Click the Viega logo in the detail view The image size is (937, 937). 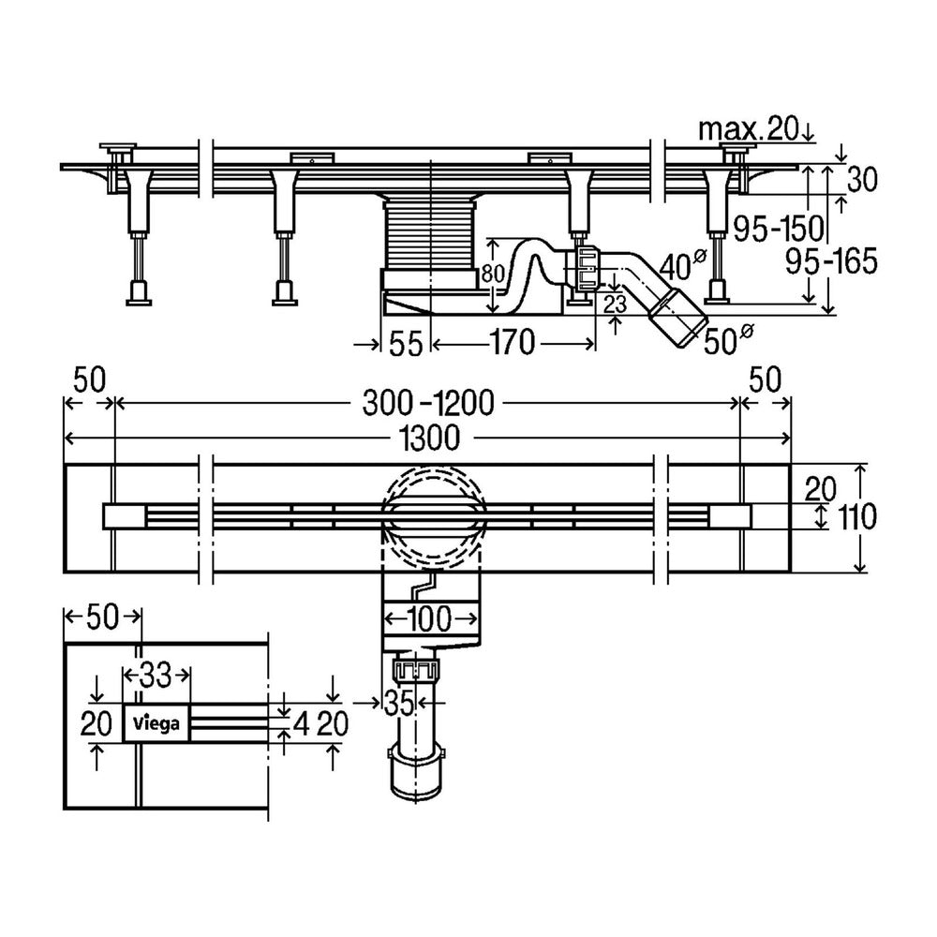pyautogui.click(x=156, y=724)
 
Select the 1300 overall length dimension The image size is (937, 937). pyautogui.click(x=430, y=438)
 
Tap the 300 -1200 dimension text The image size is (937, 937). pyautogui.click(x=428, y=403)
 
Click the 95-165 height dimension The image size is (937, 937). pyautogui.click(x=831, y=261)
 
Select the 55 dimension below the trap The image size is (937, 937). pyautogui.click(x=407, y=344)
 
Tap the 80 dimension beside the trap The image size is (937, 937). pyautogui.click(x=493, y=274)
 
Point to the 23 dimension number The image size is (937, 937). pyautogui.click(x=615, y=305)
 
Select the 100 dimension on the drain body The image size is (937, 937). pyautogui.click(x=430, y=618)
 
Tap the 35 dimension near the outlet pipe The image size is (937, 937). pyautogui.click(x=398, y=704)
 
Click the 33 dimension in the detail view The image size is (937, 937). pyautogui.click(x=156, y=676)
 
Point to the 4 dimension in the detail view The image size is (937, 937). pyautogui.click(x=302, y=724)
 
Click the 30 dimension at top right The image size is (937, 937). pyautogui.click(x=861, y=179)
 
